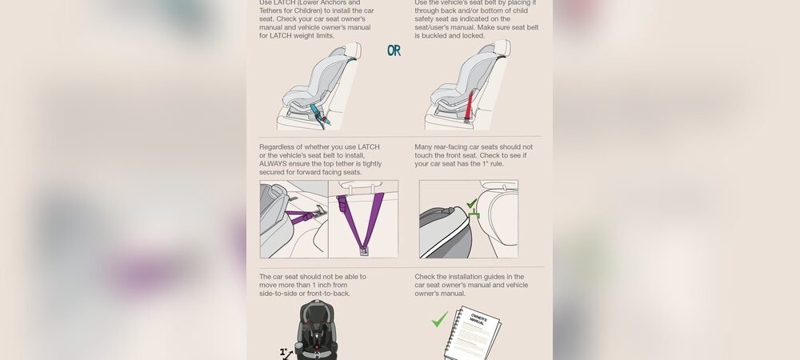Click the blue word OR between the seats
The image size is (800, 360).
(x=394, y=50)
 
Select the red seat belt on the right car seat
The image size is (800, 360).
(x=470, y=103)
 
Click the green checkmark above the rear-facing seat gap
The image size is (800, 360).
(x=472, y=205)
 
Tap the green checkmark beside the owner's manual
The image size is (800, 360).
(x=439, y=320)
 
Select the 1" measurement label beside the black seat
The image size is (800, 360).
(x=284, y=351)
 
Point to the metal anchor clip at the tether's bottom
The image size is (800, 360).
(x=364, y=250)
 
